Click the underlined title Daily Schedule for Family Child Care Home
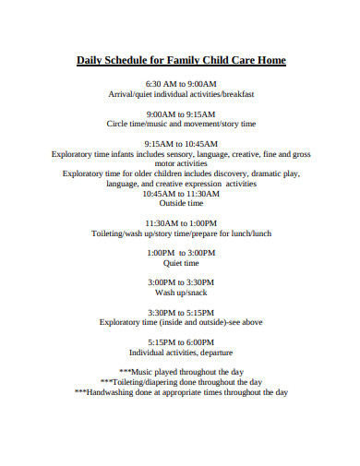181,61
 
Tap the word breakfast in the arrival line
235,95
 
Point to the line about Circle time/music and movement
181,124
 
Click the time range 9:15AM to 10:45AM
181,143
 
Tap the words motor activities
181,163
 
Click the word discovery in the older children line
216,173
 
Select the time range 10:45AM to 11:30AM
181,194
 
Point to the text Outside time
181,204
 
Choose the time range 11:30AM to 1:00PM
181,223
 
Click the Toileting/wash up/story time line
181,233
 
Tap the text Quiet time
181,263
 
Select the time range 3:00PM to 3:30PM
181,281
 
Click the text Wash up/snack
181,292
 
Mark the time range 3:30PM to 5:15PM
181,312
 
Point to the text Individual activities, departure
181,352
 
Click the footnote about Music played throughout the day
181,371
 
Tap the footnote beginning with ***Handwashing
181,391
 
